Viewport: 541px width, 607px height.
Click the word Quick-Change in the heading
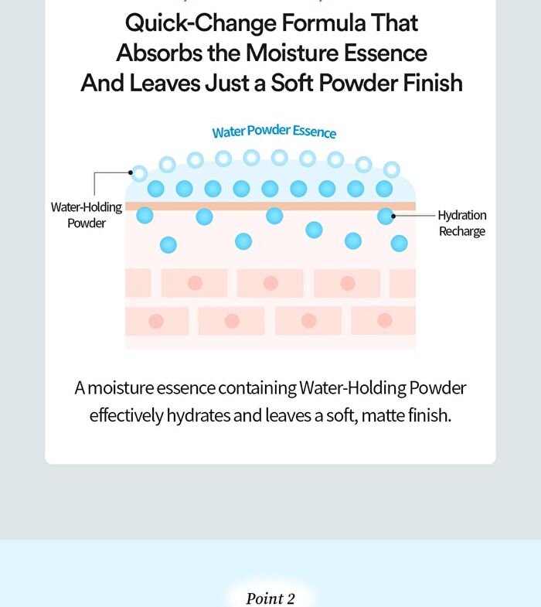click(200, 24)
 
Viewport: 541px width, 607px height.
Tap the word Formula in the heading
click(324, 23)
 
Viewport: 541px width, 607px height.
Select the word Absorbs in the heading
click(158, 53)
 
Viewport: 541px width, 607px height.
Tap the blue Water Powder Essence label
click(274, 131)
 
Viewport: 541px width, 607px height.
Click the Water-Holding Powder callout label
click(87, 215)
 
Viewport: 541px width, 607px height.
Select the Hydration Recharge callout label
click(462, 223)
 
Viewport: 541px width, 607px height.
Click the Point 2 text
click(270, 598)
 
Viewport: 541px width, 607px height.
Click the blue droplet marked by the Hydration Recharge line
click(386, 216)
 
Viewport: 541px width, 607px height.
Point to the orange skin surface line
click(270, 206)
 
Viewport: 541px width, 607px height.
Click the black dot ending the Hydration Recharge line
click(393, 216)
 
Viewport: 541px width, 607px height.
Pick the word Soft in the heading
click(292, 83)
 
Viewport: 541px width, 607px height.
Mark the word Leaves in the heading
click(164, 83)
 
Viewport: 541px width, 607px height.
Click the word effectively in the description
click(126, 416)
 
